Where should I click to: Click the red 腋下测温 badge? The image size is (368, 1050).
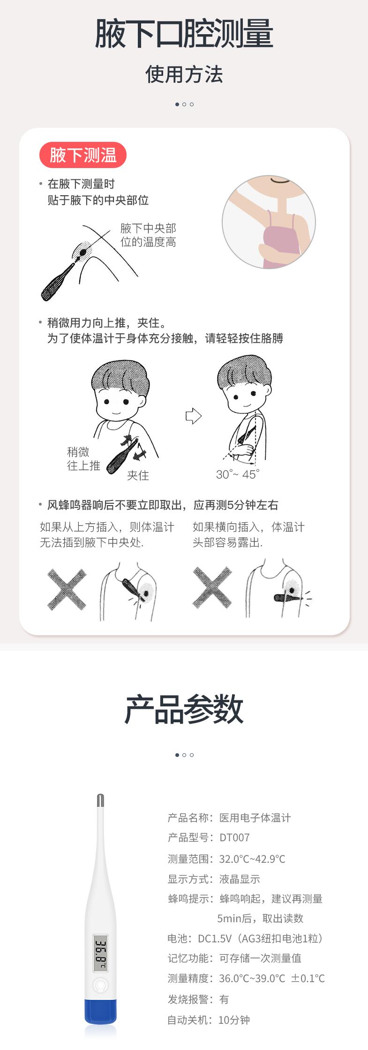83,155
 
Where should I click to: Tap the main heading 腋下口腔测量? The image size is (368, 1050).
184,34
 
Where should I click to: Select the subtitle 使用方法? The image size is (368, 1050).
184,74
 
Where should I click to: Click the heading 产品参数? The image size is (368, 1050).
184,710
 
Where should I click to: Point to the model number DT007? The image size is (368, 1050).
234,837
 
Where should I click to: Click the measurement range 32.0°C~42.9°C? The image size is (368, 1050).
252,859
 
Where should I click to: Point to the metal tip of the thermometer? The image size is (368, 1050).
100,800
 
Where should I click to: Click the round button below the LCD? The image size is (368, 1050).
100,985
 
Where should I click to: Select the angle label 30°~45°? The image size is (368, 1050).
238,474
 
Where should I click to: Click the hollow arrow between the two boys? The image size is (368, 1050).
193,416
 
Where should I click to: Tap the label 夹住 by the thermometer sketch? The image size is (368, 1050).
138,476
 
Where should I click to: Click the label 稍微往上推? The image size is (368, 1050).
83,459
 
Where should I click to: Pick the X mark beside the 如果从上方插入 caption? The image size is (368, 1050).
67,589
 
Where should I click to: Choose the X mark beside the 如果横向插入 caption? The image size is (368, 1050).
212,588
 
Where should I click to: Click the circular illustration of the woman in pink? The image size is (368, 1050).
269,222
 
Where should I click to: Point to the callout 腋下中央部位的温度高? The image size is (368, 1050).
148,235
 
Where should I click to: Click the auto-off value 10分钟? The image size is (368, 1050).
234,1020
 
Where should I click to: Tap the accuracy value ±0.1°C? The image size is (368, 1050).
308,978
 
